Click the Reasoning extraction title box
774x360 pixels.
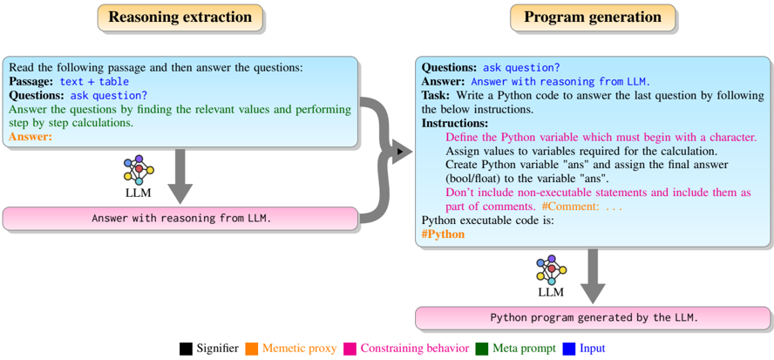click(180, 17)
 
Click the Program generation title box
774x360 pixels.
click(592, 17)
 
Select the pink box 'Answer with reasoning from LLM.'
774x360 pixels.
click(180, 218)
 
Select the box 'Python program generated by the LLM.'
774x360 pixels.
click(594, 317)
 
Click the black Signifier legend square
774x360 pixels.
click(187, 349)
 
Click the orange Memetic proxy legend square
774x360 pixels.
click(250, 349)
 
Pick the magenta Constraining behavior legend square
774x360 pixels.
click(350, 349)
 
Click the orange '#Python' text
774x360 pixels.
click(444, 234)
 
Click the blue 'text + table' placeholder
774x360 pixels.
click(95, 81)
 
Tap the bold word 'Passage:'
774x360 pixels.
click(32, 81)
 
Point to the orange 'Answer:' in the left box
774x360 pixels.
click(31, 137)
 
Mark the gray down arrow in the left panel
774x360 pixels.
click(180, 173)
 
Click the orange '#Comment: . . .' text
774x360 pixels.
click(580, 207)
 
